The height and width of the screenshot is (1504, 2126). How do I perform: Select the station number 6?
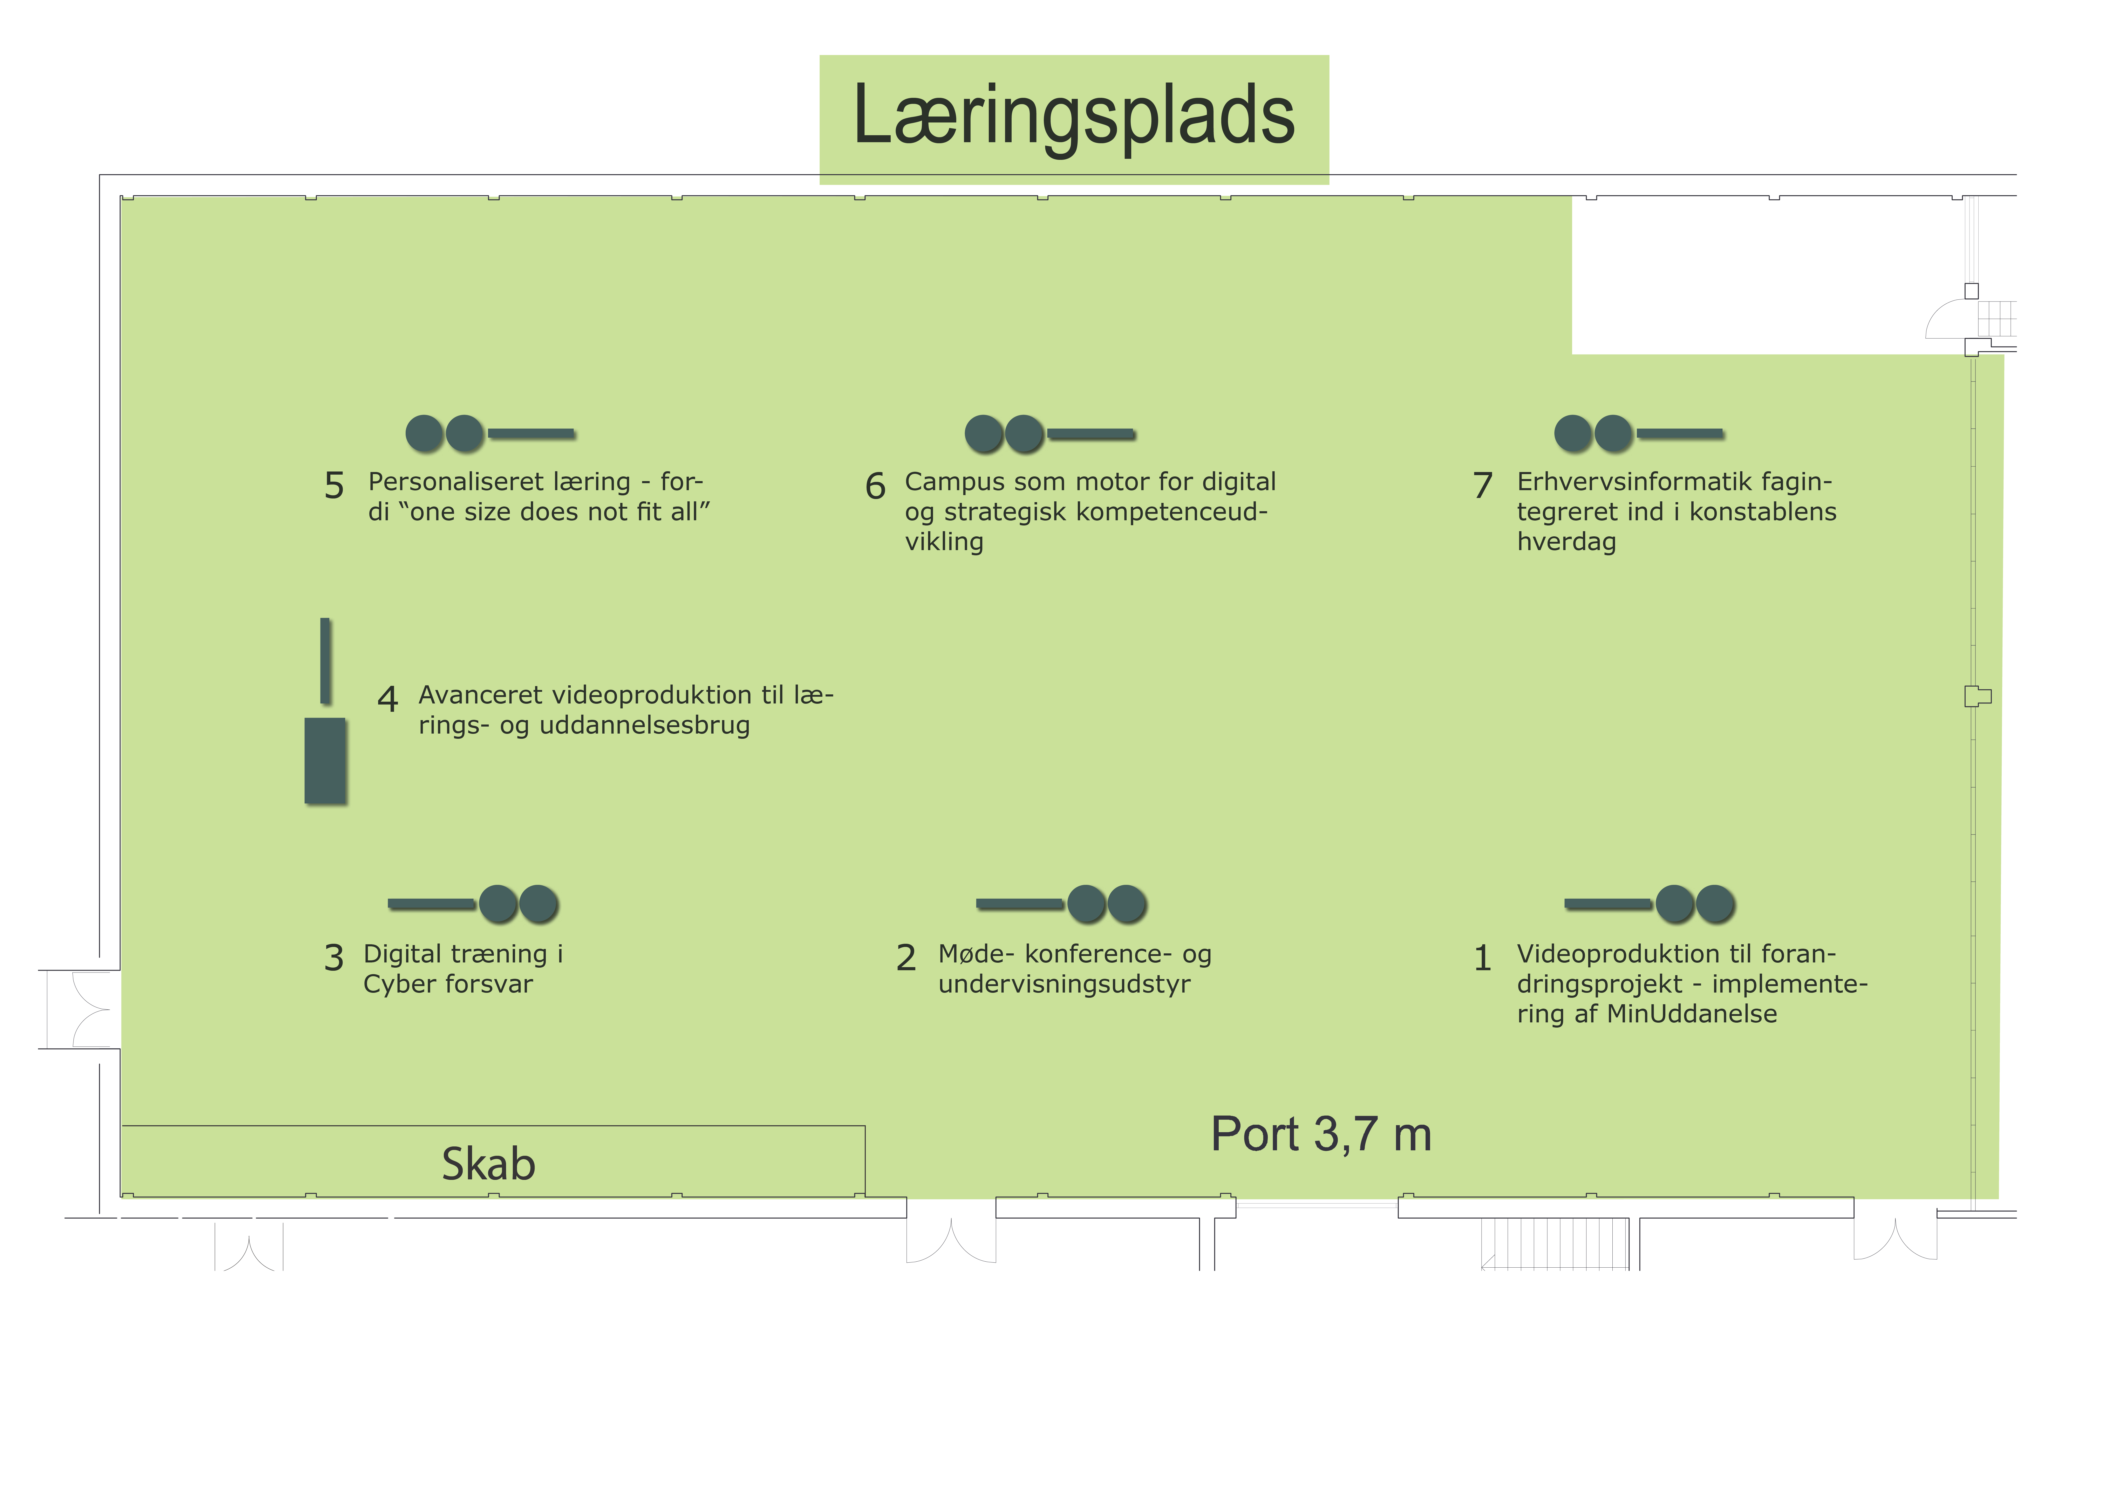[x=875, y=486]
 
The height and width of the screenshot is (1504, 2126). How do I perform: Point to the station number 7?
[x=1482, y=485]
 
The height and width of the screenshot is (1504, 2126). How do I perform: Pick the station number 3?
[x=334, y=958]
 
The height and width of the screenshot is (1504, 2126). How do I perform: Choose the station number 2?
[x=907, y=958]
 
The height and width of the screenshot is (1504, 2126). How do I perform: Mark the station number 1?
[x=1482, y=958]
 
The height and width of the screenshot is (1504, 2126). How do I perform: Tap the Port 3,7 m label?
[x=1321, y=1133]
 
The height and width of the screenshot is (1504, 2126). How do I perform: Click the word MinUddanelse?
[x=1692, y=1014]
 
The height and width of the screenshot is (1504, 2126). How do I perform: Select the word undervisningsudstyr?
[x=1064, y=985]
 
